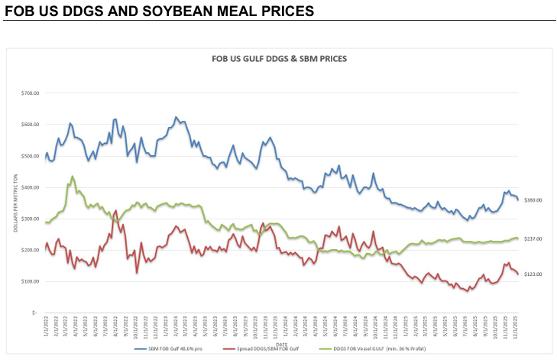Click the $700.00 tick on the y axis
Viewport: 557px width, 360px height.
(29, 93)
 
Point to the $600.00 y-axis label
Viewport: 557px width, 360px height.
(29, 125)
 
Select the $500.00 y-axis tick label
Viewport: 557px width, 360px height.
(29, 156)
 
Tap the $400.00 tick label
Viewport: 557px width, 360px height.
(29, 187)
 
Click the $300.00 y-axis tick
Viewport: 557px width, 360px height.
(29, 219)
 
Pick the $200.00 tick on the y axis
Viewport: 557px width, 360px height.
(29, 250)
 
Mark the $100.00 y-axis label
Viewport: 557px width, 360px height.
(29, 281)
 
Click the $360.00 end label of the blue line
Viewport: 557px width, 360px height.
(533, 200)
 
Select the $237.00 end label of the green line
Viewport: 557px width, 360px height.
(533, 238)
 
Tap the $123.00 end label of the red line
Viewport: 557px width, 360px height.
(533, 274)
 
